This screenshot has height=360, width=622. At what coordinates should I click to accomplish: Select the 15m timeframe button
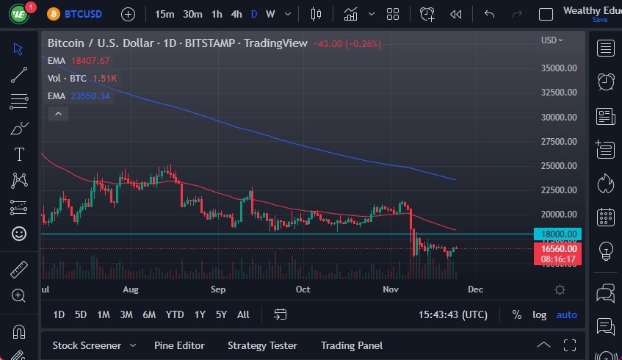tap(164, 14)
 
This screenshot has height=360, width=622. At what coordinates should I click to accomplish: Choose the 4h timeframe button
tap(236, 14)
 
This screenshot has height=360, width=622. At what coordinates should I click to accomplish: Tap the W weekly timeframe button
tap(270, 14)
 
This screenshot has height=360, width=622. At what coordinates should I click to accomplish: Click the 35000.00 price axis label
tap(559, 68)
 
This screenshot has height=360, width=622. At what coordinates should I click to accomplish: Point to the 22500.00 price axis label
tap(559, 190)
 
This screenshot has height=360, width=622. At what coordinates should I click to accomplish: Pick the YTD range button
tap(174, 314)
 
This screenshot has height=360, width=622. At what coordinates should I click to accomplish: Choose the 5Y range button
tap(221, 314)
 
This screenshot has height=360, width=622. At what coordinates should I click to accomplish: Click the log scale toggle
tap(539, 314)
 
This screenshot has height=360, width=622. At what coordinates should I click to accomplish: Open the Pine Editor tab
tap(179, 345)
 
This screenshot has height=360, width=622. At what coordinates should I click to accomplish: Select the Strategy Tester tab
tap(262, 345)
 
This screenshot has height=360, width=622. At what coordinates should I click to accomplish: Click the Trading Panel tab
tap(352, 345)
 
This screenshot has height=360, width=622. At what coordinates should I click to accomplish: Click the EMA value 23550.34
tap(90, 96)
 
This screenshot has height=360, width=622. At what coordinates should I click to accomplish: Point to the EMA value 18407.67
tap(90, 61)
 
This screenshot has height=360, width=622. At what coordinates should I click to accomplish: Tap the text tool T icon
tap(19, 154)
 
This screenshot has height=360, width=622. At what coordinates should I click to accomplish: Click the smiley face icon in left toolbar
tap(19, 234)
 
